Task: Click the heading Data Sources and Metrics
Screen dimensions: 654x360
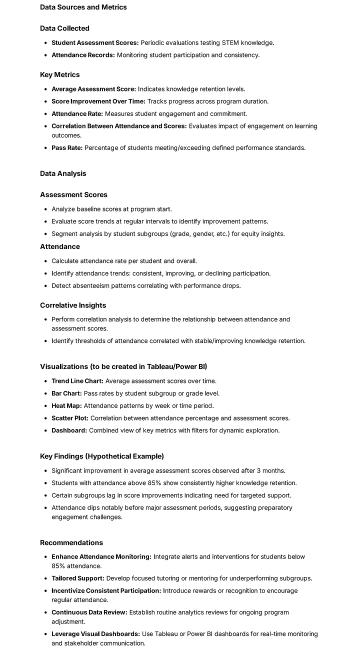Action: (x=83, y=7)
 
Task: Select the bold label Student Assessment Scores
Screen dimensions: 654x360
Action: (x=95, y=43)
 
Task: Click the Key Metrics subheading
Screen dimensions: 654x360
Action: (x=60, y=74)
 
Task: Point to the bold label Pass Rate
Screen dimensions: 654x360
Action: (x=67, y=148)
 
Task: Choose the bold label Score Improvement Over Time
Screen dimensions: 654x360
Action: (x=98, y=101)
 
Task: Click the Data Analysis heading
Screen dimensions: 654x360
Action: (x=63, y=173)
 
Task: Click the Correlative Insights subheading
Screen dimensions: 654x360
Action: (x=73, y=305)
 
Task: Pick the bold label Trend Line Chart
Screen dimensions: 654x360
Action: (x=77, y=381)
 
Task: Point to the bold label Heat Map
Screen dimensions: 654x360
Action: (x=66, y=406)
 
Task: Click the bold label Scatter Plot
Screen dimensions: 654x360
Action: (x=70, y=418)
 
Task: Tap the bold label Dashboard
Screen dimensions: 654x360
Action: (x=69, y=430)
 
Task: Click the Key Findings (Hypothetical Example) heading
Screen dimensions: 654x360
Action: (x=102, y=456)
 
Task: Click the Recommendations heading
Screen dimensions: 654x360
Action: (x=71, y=542)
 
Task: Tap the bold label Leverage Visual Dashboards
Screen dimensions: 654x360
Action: (x=95, y=634)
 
